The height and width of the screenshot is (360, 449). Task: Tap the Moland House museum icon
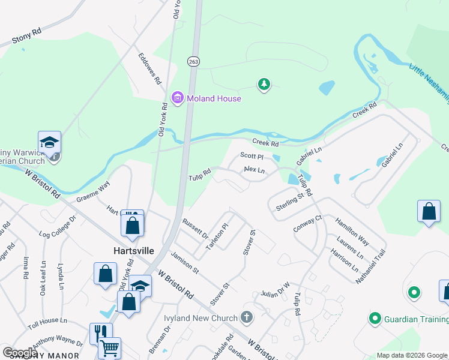(177, 98)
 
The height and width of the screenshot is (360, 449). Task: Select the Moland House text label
(213, 98)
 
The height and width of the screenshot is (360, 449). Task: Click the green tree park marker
(264, 85)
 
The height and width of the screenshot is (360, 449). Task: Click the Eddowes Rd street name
(149, 68)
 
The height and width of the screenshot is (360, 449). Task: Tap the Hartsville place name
(134, 250)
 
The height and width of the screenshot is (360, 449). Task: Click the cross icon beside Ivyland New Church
(246, 316)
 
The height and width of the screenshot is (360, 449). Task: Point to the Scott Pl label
(252, 155)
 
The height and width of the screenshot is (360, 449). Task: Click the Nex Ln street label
(255, 170)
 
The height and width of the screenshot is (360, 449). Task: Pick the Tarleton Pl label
(217, 238)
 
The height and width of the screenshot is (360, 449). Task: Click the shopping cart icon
(109, 348)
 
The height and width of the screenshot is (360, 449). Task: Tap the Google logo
(20, 353)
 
